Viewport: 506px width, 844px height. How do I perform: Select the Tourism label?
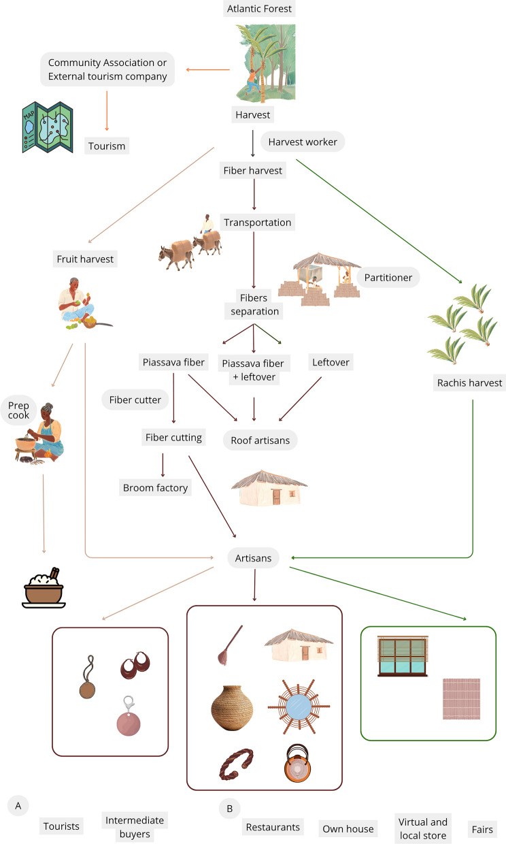click(x=107, y=146)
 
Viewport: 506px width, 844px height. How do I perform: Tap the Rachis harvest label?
click(x=468, y=383)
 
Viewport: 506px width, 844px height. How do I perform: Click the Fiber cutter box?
click(x=135, y=400)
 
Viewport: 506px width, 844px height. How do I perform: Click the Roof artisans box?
click(x=260, y=441)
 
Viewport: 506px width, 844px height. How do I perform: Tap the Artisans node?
click(x=254, y=559)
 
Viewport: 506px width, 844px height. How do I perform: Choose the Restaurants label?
click(x=272, y=827)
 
